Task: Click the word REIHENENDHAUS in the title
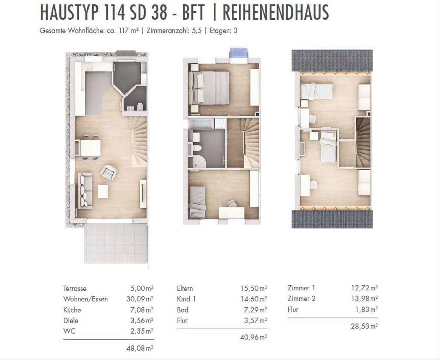click(276, 12)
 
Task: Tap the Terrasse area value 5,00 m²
click(142, 288)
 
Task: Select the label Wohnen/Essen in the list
click(85, 299)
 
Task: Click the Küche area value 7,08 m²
click(142, 310)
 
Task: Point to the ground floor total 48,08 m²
click(140, 348)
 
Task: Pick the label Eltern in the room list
click(185, 288)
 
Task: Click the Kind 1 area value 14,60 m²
click(254, 299)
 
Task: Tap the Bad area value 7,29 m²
click(256, 310)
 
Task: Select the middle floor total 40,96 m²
click(254, 337)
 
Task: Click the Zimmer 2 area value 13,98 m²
click(364, 298)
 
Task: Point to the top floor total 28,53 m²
click(364, 326)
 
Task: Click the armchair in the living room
click(109, 172)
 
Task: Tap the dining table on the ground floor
click(90, 148)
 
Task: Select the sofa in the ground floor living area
click(85, 191)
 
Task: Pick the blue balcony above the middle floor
click(239, 53)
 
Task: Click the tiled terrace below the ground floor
click(116, 244)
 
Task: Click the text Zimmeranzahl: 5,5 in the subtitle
click(174, 31)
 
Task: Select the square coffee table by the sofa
click(103, 191)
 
